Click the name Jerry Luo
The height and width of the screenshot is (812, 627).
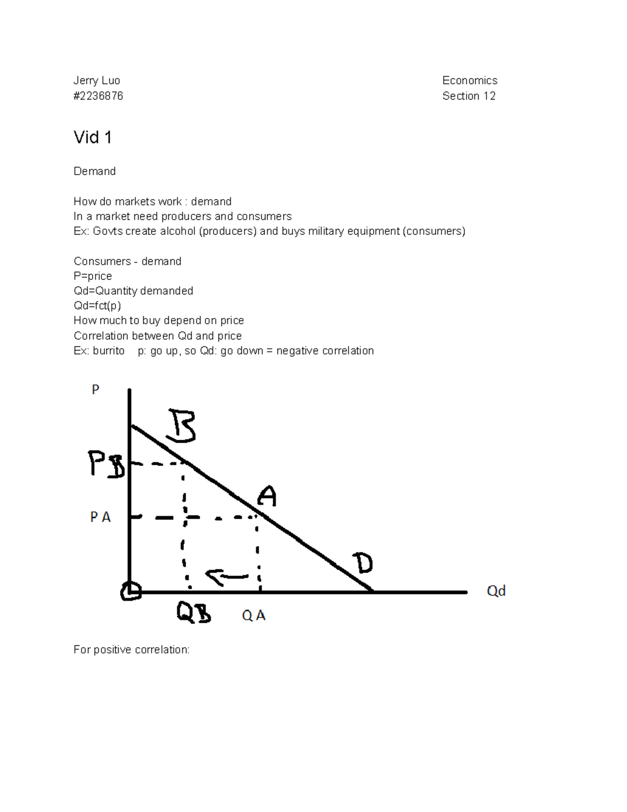click(97, 81)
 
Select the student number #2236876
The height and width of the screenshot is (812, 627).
click(98, 96)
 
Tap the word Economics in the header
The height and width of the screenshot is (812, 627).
click(470, 81)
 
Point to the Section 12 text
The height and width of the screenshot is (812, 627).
click(469, 96)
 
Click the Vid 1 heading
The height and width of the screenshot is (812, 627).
click(92, 138)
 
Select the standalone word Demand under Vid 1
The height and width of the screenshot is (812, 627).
click(95, 171)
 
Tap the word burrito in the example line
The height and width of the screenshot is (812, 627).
click(109, 351)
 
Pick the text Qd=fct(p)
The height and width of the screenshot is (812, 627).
click(97, 305)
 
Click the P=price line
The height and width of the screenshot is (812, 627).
click(92, 276)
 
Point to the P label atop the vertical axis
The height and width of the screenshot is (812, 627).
click(96, 390)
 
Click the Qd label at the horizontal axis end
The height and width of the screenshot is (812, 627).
click(496, 591)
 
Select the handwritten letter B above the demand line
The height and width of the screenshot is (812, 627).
click(181, 426)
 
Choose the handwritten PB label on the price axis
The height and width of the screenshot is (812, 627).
click(107, 464)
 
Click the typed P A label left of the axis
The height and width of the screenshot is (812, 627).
click(100, 517)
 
